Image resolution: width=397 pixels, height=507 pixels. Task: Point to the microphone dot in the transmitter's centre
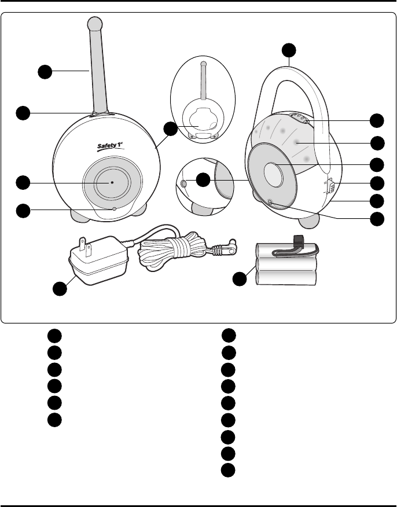[x=112, y=182]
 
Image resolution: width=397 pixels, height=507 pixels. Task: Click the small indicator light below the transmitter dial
[x=115, y=208]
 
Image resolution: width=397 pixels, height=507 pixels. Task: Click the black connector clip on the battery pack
[x=299, y=241]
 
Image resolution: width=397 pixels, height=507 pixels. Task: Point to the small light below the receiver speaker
[x=271, y=201]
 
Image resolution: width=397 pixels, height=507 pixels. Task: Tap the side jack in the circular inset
[x=184, y=183]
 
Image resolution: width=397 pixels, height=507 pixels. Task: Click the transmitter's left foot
[x=80, y=215]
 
